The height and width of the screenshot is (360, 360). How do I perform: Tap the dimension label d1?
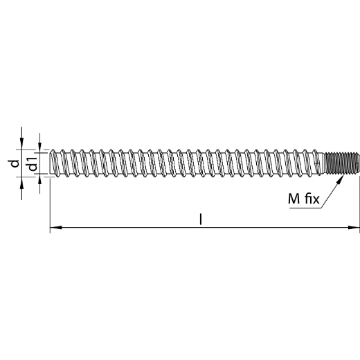(x=33, y=163)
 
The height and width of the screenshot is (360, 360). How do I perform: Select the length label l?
(x=201, y=219)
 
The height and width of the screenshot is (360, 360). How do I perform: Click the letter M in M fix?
(x=294, y=199)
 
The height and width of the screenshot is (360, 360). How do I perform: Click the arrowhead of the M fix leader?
(x=340, y=179)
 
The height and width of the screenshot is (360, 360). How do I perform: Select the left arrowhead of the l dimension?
(x=56, y=228)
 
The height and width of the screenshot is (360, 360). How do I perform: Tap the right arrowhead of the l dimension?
(x=354, y=228)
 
